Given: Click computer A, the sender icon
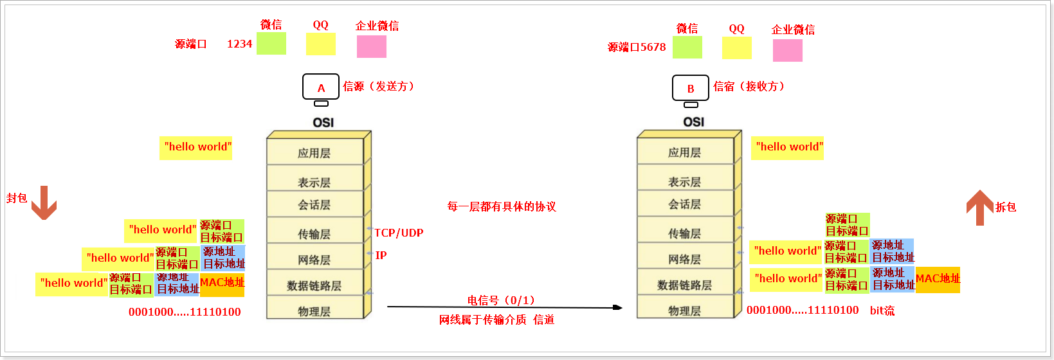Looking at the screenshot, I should coord(321,88).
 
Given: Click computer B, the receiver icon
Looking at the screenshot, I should coord(691,89).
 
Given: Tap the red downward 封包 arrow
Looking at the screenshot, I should coord(44,203).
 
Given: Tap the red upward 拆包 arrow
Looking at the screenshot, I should coord(980,207).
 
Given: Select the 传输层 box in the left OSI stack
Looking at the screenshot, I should coord(314,234).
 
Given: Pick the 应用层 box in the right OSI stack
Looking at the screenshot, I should coord(684,152).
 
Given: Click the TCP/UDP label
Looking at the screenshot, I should coord(399,233).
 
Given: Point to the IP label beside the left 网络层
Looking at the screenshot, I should coord(381,255).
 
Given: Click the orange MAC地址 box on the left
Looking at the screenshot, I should coord(222,283).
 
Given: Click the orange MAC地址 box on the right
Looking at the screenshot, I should coord(938,280).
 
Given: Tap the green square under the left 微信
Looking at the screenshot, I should coord(271,44).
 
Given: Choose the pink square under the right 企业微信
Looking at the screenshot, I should coord(788,50).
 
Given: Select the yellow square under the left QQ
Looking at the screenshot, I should coord(320,44).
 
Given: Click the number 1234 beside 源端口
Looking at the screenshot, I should coord(239,44).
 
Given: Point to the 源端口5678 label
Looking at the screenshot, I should coord(637,47).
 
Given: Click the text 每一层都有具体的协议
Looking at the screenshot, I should coord(502,206).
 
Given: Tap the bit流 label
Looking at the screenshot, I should coord(882,310).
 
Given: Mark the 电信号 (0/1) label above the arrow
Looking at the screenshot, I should coord(501,300).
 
